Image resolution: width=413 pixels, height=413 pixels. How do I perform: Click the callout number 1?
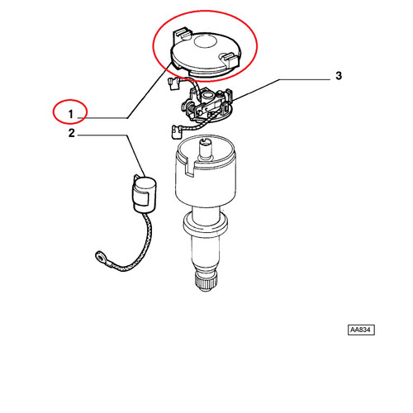click(71, 114)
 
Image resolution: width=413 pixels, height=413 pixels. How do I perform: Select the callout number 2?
click(72, 133)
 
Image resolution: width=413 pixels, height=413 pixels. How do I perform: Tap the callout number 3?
click(339, 75)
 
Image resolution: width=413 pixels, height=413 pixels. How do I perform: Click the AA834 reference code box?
click(361, 330)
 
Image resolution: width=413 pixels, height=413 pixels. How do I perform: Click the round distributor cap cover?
click(206, 54)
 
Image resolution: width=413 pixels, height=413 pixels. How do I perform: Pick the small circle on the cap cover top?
click(205, 42)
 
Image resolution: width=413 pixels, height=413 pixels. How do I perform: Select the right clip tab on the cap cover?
click(230, 59)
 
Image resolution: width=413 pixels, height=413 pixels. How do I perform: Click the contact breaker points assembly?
click(207, 106)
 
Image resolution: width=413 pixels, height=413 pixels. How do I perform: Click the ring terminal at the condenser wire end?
click(101, 257)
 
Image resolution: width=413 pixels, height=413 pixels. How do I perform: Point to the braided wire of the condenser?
click(132, 248)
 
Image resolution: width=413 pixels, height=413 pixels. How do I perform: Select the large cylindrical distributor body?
click(206, 173)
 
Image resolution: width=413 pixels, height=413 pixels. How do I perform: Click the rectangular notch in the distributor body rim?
click(190, 167)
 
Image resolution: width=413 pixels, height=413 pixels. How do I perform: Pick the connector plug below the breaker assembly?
click(176, 131)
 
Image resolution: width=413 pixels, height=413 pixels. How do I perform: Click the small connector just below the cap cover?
click(173, 83)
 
